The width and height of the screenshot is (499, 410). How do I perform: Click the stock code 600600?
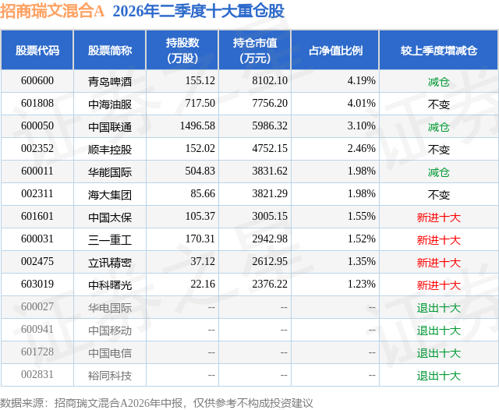[37, 81]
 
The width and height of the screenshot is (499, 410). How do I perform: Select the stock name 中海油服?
[110, 104]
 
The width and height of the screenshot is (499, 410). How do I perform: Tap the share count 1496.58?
[197, 126]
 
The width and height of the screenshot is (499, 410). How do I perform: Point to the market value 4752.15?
[270, 149]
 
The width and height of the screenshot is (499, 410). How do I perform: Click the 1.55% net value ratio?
[362, 216]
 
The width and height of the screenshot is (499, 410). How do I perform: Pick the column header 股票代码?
[37, 50]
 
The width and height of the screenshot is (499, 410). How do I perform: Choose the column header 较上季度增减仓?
[439, 50]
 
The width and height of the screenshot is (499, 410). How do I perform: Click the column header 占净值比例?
[335, 50]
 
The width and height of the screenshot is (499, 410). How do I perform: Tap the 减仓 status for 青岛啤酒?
[439, 82]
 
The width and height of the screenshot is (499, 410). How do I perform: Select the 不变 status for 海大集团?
[439, 195]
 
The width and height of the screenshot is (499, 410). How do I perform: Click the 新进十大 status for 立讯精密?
[439, 263]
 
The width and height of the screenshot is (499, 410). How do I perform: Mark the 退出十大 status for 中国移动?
[439, 330]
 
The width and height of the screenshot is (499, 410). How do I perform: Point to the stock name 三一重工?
[110, 239]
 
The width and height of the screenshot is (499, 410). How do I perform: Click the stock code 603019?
[37, 284]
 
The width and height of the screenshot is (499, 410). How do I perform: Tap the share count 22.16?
[203, 284]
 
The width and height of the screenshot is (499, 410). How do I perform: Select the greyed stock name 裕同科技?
[110, 376]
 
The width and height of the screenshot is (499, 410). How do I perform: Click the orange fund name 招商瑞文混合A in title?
[52, 11]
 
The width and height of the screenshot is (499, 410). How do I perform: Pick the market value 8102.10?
[270, 81]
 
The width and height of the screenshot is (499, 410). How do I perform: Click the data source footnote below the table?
[157, 403]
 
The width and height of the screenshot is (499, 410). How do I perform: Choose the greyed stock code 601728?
[37, 352]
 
